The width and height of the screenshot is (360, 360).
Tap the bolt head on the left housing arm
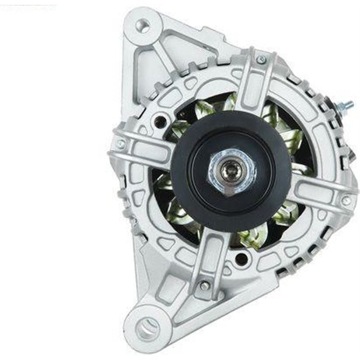pyautogui.click(x=121, y=144)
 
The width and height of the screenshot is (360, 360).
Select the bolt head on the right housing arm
pyautogui.click(x=346, y=201)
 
